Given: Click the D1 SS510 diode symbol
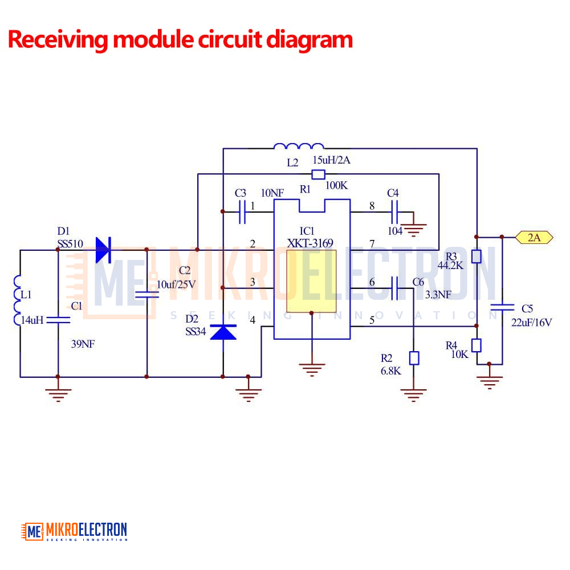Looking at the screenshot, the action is coord(104,250).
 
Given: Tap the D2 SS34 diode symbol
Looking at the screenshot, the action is coord(223,332).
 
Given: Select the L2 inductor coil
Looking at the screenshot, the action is coord(299,146).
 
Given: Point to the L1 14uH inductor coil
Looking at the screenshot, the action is coord(17,300).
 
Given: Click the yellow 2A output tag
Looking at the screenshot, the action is coord(534,237).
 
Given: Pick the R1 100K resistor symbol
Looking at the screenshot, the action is coord(319,174).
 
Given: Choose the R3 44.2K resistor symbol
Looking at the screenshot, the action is coord(476,256).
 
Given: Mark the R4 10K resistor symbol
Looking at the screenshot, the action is coord(476,345).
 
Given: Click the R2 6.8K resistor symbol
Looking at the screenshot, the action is coord(414,358).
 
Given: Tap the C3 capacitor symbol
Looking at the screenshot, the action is coord(242,211).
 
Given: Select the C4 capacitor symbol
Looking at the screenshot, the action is coord(394,211).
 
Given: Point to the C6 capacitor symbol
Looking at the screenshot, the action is coord(394,288).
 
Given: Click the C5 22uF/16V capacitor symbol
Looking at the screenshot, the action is coord(502,308).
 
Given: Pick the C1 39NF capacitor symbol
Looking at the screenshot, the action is coord(58,320).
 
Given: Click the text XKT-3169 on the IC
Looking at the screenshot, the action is coord(310,243).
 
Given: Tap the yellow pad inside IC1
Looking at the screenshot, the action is coord(311,281).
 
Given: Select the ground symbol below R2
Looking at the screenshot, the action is coord(413,395).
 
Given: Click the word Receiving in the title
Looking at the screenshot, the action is coord(58,40).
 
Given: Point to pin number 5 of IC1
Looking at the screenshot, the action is coord(372,320).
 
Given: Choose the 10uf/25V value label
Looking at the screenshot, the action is coord(176,284).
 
